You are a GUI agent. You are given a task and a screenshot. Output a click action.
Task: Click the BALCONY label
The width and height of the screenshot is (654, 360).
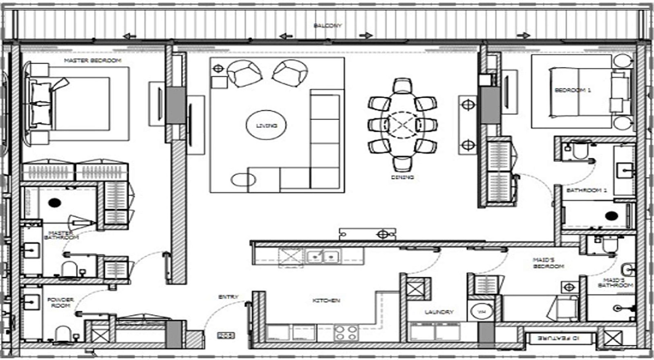[327, 26]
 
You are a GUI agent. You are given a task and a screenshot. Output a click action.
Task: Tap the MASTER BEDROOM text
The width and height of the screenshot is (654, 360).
[93, 60]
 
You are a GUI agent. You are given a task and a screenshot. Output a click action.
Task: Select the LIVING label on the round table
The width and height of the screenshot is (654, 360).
[266, 125]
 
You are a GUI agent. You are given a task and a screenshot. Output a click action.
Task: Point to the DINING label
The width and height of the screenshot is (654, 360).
[402, 177]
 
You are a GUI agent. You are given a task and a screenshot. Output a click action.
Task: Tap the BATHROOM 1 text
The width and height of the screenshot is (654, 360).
[587, 190]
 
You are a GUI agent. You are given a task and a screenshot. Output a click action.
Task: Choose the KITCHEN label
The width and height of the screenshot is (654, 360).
[326, 300]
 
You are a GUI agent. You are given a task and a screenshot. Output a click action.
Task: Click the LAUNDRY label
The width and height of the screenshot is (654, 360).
[439, 312]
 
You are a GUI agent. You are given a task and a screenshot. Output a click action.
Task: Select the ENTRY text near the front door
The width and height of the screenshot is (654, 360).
[228, 297]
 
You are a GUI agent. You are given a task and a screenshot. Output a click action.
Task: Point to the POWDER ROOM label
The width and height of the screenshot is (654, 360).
[60, 302]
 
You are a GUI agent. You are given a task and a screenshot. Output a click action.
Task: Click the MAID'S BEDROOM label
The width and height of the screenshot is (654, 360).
[548, 263]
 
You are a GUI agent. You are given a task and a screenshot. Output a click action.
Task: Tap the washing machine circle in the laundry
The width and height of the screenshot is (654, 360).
[482, 312]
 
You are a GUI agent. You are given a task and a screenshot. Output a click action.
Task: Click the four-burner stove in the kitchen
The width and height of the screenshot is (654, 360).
[346, 333]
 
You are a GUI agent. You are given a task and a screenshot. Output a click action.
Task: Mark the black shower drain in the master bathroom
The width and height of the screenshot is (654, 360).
[55, 203]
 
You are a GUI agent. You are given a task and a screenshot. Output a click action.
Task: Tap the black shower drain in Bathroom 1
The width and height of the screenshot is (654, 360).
[611, 216]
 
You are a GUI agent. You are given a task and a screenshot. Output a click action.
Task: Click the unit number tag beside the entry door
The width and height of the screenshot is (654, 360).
[225, 336]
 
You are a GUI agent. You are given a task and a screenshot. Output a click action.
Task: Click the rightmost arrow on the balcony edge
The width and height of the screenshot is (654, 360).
[523, 36]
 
